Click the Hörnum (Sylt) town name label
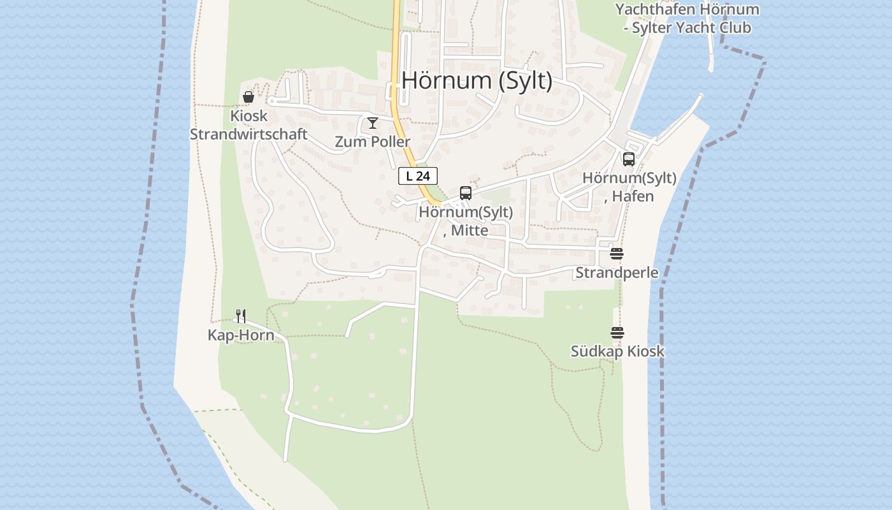(x=477, y=81)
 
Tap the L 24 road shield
(x=418, y=176)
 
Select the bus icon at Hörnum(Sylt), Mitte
(x=466, y=193)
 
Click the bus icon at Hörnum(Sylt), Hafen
(x=629, y=159)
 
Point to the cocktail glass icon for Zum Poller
(x=373, y=123)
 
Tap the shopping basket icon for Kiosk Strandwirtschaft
(x=248, y=98)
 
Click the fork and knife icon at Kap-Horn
(x=241, y=316)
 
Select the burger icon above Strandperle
(x=616, y=254)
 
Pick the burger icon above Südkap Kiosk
(x=617, y=333)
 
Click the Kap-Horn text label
(x=241, y=335)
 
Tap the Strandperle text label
(x=617, y=273)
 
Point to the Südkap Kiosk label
(x=617, y=351)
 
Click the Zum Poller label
(x=373, y=142)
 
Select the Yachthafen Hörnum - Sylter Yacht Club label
(x=687, y=18)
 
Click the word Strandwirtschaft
(x=248, y=135)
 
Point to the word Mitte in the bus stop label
(x=470, y=230)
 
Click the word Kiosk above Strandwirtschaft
(x=248, y=117)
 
